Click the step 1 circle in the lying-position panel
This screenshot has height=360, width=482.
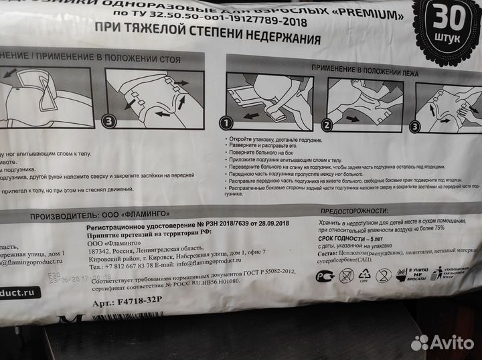226,122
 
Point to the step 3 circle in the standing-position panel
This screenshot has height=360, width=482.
109,121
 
